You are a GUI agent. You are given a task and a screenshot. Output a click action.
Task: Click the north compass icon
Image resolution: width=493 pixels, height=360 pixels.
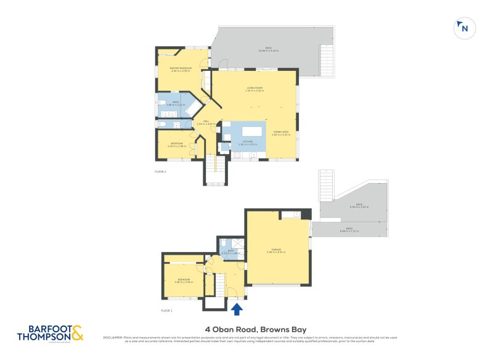463,28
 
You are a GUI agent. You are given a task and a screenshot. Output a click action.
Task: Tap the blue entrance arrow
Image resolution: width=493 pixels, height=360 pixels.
238,308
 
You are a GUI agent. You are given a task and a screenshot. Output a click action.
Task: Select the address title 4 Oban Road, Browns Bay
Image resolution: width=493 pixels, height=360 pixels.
255,329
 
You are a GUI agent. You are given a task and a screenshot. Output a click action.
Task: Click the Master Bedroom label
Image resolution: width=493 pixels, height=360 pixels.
181,69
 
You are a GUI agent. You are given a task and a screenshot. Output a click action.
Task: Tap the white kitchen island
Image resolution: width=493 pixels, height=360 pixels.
253,131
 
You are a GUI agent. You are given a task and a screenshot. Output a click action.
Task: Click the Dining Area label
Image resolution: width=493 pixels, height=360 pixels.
282,133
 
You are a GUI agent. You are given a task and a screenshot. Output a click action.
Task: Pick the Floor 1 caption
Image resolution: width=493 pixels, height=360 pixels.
166,310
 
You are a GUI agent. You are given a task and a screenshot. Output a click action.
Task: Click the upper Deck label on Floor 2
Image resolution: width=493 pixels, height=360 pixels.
268,49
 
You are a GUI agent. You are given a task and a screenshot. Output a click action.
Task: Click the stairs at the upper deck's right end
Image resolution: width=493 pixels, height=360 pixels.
327,61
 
